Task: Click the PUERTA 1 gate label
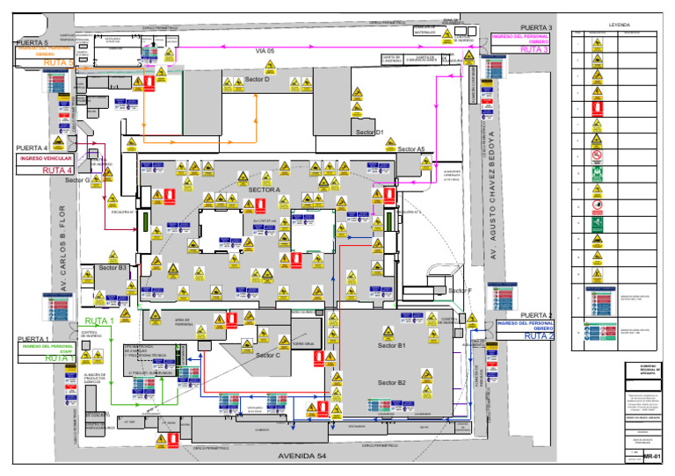click(33, 339)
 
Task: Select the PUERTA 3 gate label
click(536, 28)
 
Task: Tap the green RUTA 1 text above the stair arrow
click(99, 321)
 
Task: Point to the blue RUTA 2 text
click(539, 336)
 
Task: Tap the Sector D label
click(257, 80)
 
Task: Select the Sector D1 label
click(369, 133)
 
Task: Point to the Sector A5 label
click(410, 149)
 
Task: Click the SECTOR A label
click(265, 190)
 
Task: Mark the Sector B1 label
click(392, 347)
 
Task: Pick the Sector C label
click(267, 356)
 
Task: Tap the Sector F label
click(460, 291)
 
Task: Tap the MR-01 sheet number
click(651, 458)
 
